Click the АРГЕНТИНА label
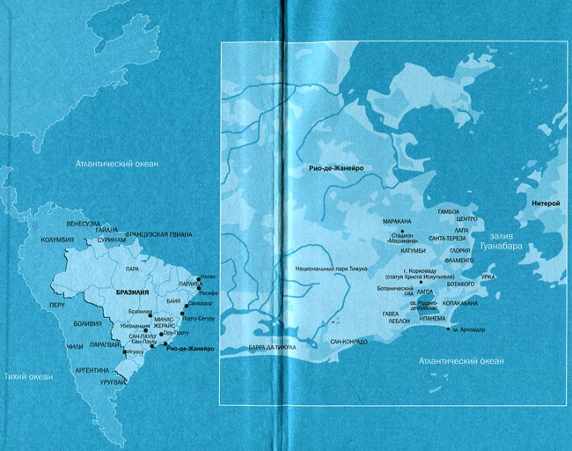click(x=91, y=371)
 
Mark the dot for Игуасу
click(x=126, y=351)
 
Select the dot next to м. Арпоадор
click(x=450, y=329)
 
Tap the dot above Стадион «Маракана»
click(x=401, y=230)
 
